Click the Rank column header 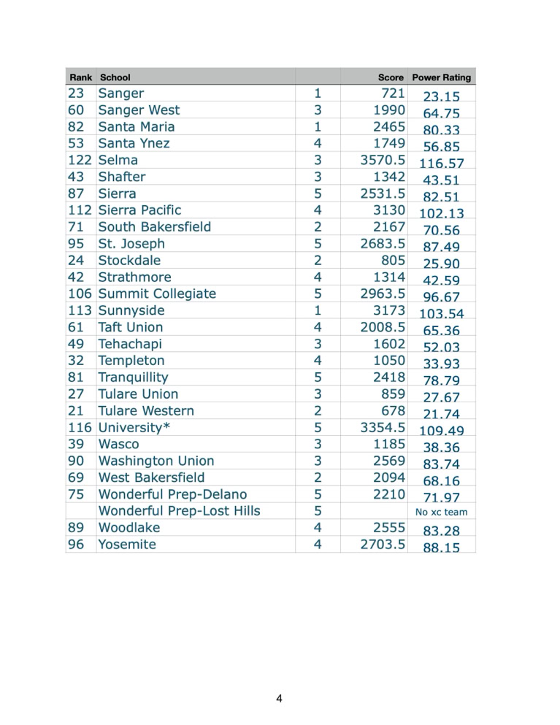80,77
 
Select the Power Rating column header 441,77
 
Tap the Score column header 392,77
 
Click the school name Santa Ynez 134,143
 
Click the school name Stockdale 130,260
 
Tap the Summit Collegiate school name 157,294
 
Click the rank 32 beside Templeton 75,361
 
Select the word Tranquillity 133,377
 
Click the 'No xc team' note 441,512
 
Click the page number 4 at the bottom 280,699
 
